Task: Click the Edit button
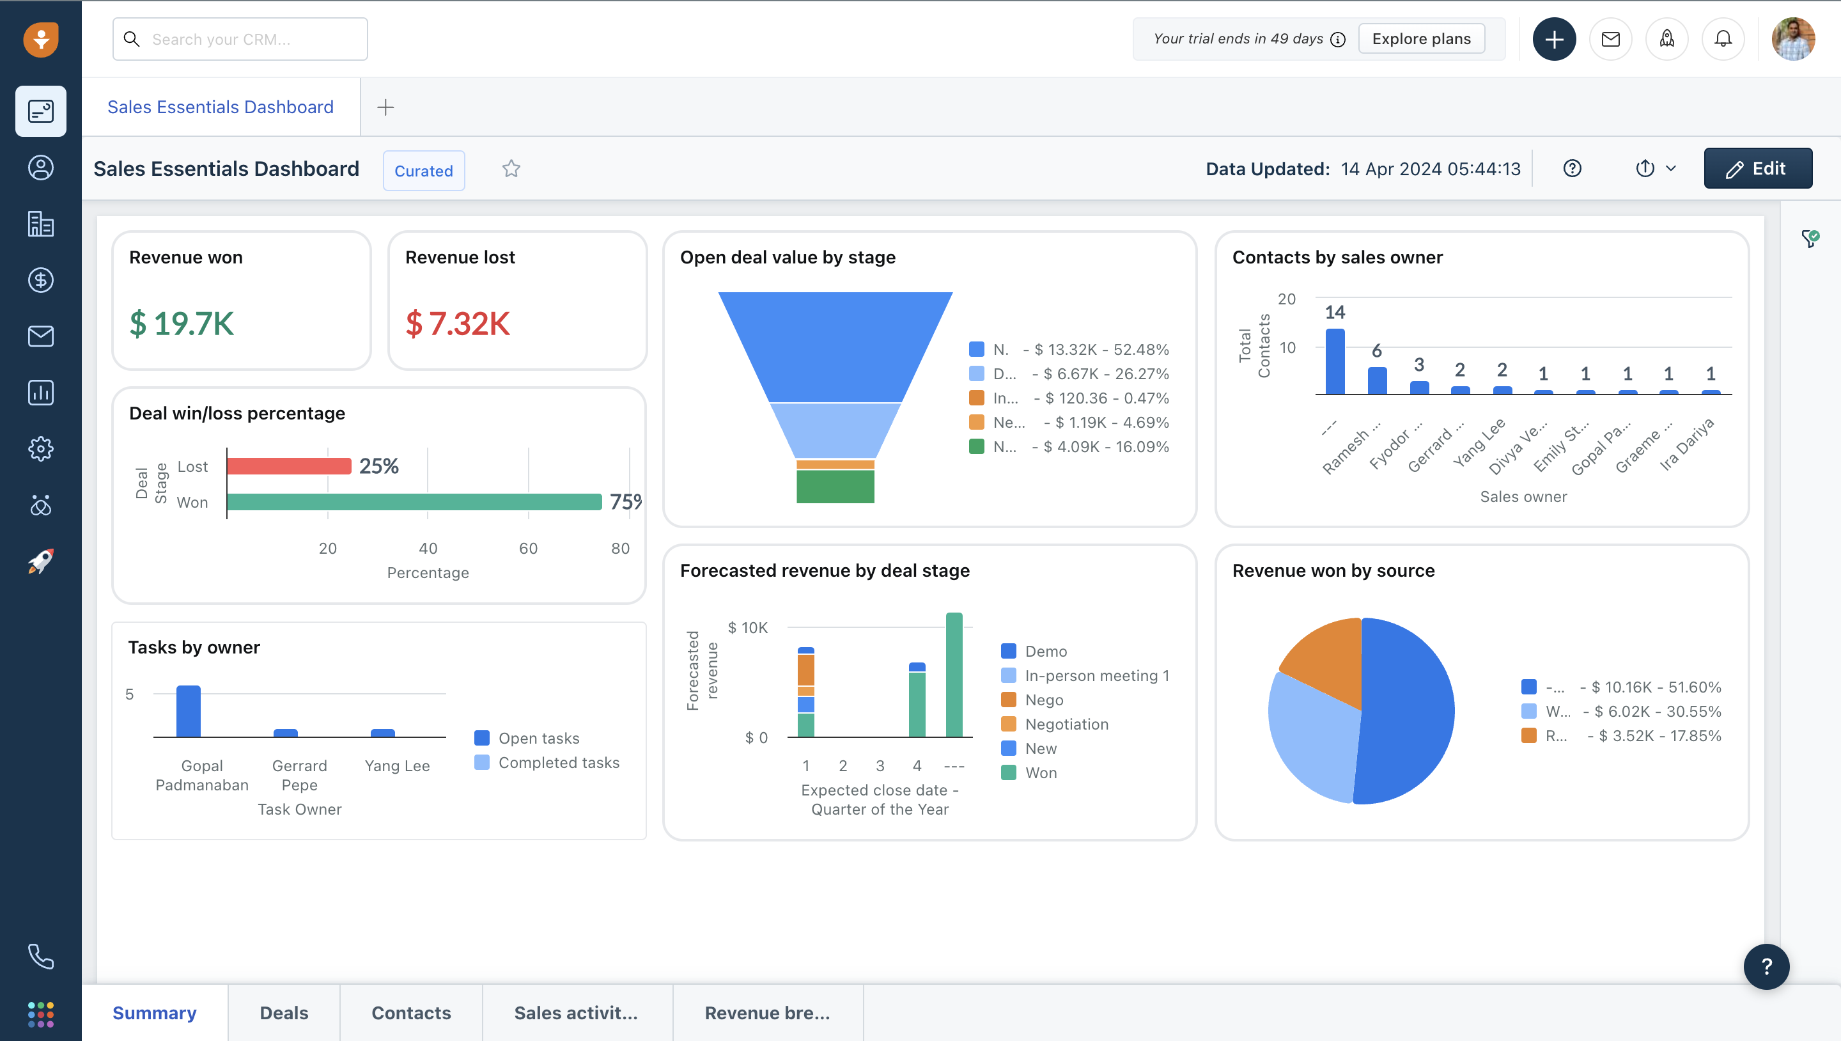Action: tap(1757, 169)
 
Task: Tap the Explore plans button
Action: tap(1421, 39)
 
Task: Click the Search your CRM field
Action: tap(240, 39)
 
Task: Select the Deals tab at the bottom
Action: tap(284, 1012)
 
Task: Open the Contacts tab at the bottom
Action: tap(411, 1012)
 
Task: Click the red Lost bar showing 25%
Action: tap(289, 466)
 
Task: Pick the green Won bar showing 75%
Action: tap(414, 502)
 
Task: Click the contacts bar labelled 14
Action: tap(1334, 361)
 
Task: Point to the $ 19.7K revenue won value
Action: tap(182, 324)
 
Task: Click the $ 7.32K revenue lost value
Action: tap(458, 324)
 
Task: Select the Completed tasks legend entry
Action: tap(558, 763)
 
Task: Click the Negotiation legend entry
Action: tap(1066, 724)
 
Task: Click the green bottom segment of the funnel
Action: tap(835, 487)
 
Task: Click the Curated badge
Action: tap(424, 171)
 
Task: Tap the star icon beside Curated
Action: tap(511, 169)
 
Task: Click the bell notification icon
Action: tap(1723, 39)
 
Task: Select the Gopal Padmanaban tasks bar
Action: tap(188, 712)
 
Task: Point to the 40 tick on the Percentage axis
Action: tap(428, 549)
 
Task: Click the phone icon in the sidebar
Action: tap(41, 956)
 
